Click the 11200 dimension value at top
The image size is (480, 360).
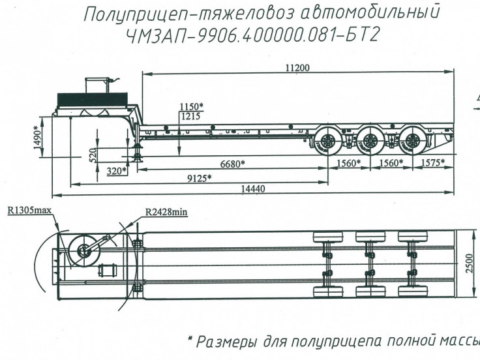(297, 67)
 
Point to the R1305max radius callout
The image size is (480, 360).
(29, 211)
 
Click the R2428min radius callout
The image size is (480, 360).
(166, 211)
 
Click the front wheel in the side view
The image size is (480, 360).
(327, 142)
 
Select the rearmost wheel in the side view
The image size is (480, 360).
(411, 142)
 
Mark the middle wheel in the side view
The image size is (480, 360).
(369, 142)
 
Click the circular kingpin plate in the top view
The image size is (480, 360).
(83, 250)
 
